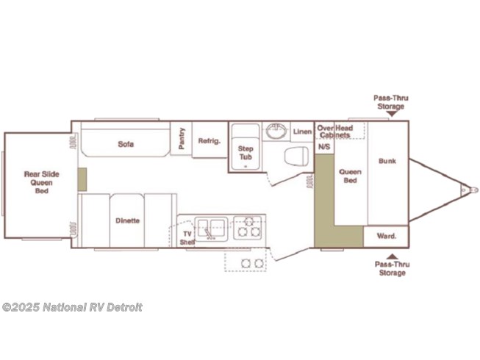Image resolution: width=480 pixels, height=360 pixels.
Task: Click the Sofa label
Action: [x=126, y=144]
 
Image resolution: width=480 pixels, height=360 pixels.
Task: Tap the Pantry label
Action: [x=182, y=138]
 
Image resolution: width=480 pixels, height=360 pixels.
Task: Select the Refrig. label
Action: [x=209, y=141]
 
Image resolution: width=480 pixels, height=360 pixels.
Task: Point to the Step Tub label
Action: [x=246, y=153]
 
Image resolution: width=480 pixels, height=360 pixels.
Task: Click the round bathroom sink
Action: [x=276, y=131]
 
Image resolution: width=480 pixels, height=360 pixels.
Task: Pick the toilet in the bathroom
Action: [x=296, y=156]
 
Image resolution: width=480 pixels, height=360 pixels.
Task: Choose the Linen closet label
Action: [x=302, y=132]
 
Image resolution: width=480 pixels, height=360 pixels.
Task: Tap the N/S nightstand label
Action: [x=324, y=147]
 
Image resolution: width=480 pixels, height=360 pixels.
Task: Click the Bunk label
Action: [x=387, y=161]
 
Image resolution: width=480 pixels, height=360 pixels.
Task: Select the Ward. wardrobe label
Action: [x=387, y=236]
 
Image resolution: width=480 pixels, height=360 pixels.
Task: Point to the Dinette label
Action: [x=127, y=220]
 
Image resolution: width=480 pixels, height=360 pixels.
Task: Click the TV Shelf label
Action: [x=187, y=238]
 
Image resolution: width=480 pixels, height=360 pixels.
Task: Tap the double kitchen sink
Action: [x=211, y=228]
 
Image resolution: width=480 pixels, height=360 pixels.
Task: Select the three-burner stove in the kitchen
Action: [x=248, y=228]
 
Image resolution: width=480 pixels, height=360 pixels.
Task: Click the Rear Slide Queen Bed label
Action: [x=42, y=183]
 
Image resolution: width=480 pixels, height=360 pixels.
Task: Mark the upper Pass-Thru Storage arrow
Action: [x=392, y=114]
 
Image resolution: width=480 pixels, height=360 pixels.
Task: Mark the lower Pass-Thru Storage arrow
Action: [x=392, y=256]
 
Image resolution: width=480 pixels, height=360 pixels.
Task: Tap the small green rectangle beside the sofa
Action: [x=82, y=179]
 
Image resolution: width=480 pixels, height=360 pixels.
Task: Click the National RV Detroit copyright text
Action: [x=72, y=307]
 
